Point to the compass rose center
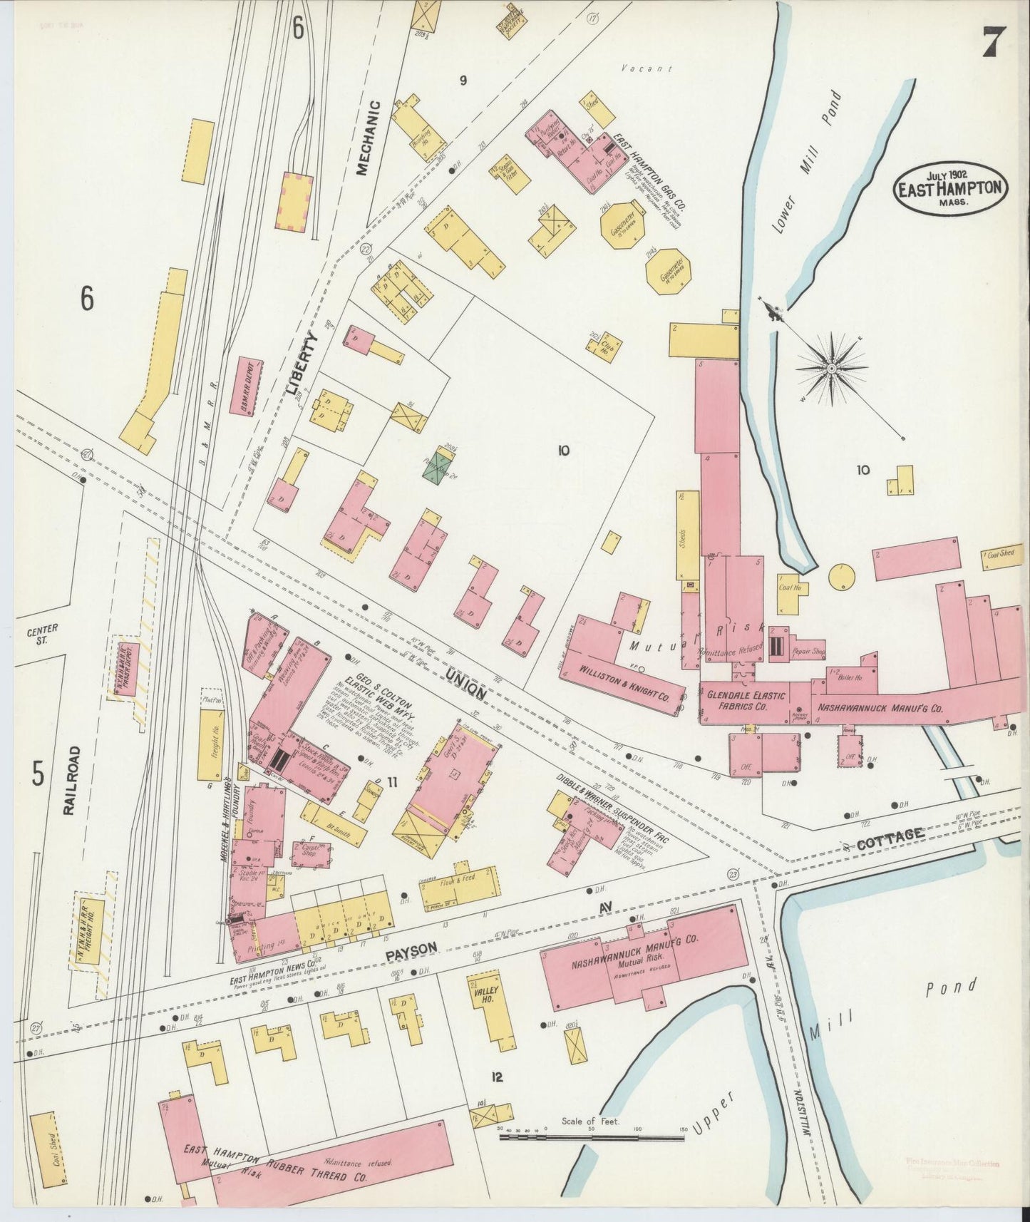coord(832,369)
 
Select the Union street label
coord(468,682)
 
